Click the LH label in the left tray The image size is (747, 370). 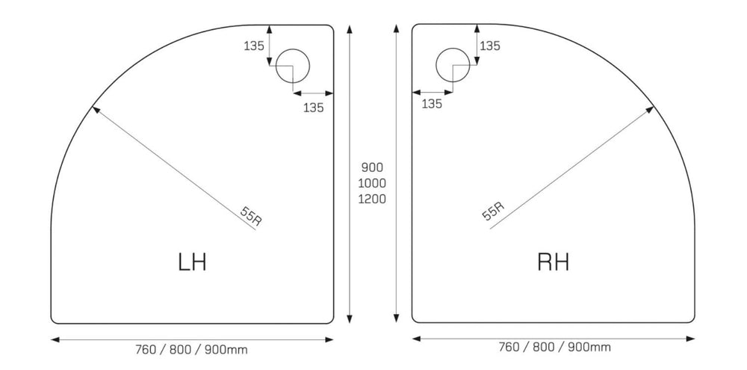coord(193,262)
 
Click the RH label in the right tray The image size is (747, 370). coord(553,262)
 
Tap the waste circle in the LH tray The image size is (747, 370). coord(309,66)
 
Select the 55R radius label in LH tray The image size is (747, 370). coord(251,216)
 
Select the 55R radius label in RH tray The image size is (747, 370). coord(493,211)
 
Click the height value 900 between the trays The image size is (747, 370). coord(371,167)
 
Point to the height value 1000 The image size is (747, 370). coord(371,183)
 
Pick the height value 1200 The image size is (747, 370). coord(371,199)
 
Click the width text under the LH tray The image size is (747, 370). coord(191,350)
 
